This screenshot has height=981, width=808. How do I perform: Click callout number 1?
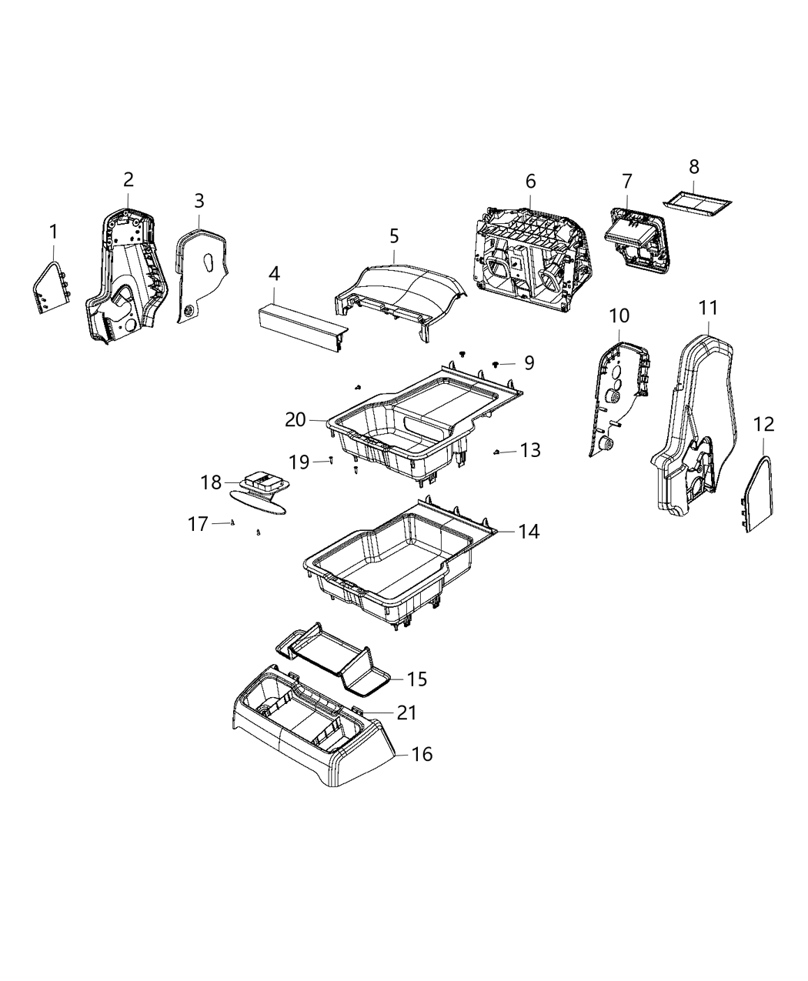(53, 231)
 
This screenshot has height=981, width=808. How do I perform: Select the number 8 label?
(694, 167)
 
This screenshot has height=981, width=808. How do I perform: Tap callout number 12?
(763, 424)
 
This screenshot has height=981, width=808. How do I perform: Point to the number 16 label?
(422, 754)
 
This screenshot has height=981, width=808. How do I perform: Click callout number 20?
(295, 419)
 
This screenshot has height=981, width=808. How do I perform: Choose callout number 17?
(198, 524)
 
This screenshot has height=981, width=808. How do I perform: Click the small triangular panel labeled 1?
(52, 288)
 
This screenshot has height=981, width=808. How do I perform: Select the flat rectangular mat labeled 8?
(697, 202)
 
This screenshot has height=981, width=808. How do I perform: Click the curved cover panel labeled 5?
(400, 292)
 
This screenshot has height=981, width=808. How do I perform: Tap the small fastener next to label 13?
(499, 452)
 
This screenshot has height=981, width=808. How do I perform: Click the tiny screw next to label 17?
(232, 522)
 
